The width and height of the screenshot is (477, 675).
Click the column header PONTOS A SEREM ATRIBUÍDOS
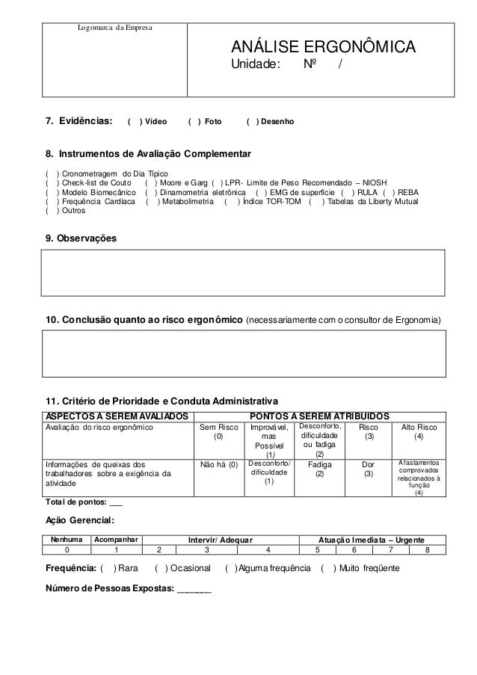point(319,415)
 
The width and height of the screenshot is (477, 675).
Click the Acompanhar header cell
point(116,539)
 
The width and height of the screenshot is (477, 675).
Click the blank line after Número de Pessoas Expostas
point(194,588)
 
